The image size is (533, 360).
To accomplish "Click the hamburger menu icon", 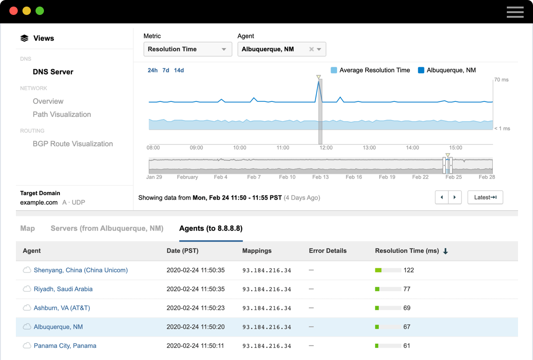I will pos(515,12).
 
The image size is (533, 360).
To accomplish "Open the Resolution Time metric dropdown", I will pos(187,49).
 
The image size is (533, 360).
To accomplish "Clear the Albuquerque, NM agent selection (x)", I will pos(311,49).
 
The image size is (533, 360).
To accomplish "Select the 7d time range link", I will pos(166,70).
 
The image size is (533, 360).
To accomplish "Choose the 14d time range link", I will pos(179,70).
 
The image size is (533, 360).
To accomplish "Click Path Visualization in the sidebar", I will pos(62,115).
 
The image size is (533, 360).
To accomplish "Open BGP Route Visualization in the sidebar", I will pos(72,144).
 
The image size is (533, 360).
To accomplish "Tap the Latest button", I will pos(485,197).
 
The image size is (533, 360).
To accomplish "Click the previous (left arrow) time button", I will pos(442,197).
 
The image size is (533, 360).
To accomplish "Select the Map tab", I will pos(28,229).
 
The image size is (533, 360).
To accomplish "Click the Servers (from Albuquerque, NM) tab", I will pos(107,229).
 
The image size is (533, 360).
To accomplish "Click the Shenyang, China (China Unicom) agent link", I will pos(80,270).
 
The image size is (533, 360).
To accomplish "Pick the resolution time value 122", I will pos(409,270).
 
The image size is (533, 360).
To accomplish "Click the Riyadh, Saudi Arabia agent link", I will pos(63,289).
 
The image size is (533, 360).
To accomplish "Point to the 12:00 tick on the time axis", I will pos(326,148).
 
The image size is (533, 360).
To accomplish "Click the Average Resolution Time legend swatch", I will pos(334,70).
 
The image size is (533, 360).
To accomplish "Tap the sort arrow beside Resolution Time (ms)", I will pos(446,251).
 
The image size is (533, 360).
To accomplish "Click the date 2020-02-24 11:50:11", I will pos(195,346).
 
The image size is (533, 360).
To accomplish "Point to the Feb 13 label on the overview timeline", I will pos(320,177).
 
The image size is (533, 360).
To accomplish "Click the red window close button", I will pos(14,11).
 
